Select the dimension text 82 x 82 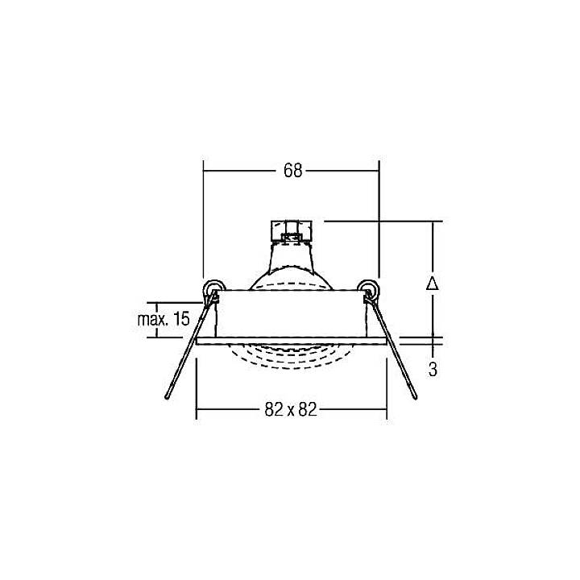(x=291, y=410)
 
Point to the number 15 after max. (x=181, y=319)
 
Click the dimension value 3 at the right (x=433, y=370)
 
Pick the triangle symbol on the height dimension (x=433, y=284)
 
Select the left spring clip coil (x=213, y=288)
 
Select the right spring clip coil (x=369, y=288)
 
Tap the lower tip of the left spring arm (x=167, y=398)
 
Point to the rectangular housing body (x=291, y=313)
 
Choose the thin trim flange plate (x=291, y=340)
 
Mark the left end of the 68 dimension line (x=204, y=171)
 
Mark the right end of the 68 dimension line (x=379, y=171)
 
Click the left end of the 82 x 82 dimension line (x=197, y=410)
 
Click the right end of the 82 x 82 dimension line (x=386, y=410)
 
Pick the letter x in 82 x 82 (x=291, y=411)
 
